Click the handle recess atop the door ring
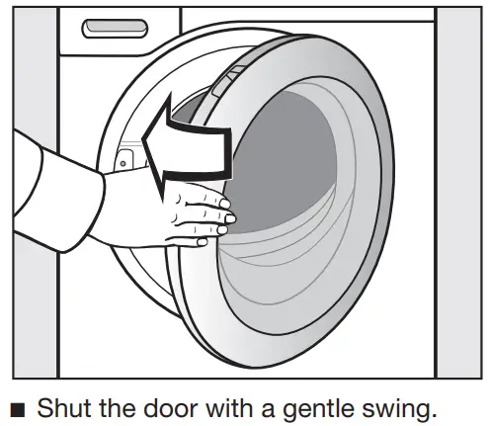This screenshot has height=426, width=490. pos(227,87)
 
